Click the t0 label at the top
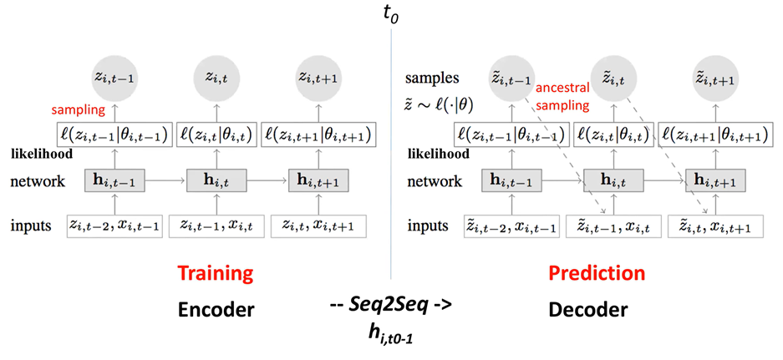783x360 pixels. coord(389,13)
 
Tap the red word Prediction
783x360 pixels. coord(597,274)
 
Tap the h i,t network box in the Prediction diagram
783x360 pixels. coord(613,180)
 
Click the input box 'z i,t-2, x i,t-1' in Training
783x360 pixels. coord(114,225)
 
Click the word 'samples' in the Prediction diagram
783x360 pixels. coord(433,78)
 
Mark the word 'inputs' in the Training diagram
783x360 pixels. coord(33,225)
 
